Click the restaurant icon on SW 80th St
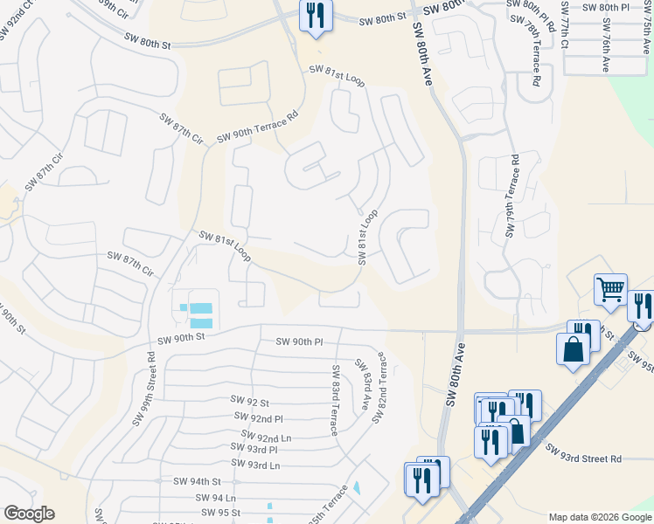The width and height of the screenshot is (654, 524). pyautogui.click(x=315, y=15)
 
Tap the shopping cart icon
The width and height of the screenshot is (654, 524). pyautogui.click(x=610, y=288)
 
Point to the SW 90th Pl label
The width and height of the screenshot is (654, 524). pyautogui.click(x=299, y=341)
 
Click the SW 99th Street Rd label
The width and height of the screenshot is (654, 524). pyautogui.click(x=144, y=389)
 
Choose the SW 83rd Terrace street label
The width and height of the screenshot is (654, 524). pyautogui.click(x=334, y=401)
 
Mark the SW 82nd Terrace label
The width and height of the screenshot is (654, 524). pyautogui.click(x=379, y=388)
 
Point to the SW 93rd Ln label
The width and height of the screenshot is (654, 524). pyautogui.click(x=256, y=465)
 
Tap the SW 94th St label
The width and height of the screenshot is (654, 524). pyautogui.click(x=197, y=481)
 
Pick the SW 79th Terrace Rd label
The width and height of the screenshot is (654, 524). pyautogui.click(x=513, y=196)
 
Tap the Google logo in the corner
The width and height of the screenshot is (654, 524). pyautogui.click(x=29, y=513)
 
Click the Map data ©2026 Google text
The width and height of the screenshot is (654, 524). pyautogui.click(x=599, y=517)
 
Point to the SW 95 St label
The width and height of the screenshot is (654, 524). pyautogui.click(x=220, y=513)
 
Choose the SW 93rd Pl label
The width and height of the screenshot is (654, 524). pyautogui.click(x=254, y=449)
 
